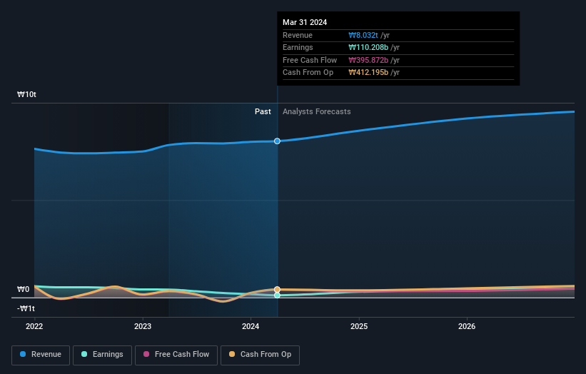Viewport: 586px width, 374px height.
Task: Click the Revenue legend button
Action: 41,355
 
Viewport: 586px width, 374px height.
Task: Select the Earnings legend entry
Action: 102,355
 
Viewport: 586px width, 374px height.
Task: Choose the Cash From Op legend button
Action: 260,355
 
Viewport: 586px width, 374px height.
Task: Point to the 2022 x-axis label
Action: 34,326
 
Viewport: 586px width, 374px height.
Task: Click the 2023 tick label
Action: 143,326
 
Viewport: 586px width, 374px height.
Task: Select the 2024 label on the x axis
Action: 251,326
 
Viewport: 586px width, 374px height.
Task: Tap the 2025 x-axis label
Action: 359,326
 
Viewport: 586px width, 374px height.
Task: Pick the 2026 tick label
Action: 467,326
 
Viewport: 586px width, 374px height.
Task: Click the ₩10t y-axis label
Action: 27,94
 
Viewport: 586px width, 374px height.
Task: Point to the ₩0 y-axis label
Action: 24,289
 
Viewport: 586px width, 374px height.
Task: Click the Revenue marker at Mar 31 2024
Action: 277,141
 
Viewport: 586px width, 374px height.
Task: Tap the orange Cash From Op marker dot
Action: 277,290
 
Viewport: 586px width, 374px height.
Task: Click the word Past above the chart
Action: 263,111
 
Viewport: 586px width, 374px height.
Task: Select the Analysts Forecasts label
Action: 316,111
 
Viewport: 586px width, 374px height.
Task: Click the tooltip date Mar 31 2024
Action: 305,22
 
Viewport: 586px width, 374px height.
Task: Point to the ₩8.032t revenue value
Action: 363,36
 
